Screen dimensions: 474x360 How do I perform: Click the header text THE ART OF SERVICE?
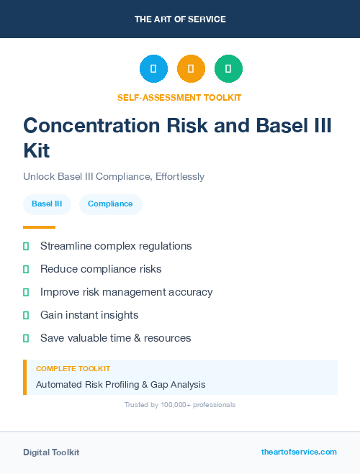click(x=180, y=19)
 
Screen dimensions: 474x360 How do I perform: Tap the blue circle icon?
click(x=153, y=69)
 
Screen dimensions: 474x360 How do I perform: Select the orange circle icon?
click(x=191, y=69)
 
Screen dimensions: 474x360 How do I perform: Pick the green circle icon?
click(x=228, y=69)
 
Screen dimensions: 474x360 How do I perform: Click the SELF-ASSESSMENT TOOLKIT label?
click(x=180, y=97)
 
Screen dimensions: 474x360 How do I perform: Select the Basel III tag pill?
click(x=47, y=204)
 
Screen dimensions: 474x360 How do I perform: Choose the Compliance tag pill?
click(x=110, y=204)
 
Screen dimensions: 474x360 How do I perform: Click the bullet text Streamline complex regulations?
click(x=116, y=246)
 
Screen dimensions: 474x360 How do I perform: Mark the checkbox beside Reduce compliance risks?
click(x=26, y=269)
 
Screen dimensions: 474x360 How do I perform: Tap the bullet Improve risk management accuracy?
click(x=126, y=292)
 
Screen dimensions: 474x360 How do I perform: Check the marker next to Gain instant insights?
click(x=26, y=315)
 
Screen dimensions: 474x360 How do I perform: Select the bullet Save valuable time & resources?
click(x=115, y=338)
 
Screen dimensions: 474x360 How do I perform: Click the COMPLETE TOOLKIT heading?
click(x=73, y=369)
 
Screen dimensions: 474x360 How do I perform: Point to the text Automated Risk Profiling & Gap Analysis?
click(x=120, y=385)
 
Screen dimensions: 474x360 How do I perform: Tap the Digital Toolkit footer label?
click(x=51, y=452)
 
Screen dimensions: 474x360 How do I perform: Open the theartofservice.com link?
click(x=299, y=452)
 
